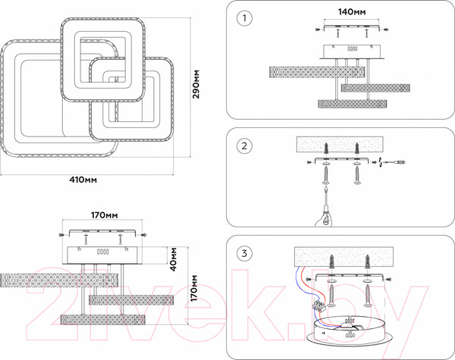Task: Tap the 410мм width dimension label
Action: (84, 180)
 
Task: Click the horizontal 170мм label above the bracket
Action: (104, 215)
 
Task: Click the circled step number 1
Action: (243, 17)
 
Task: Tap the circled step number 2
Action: (243, 146)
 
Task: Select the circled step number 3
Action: (243, 253)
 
